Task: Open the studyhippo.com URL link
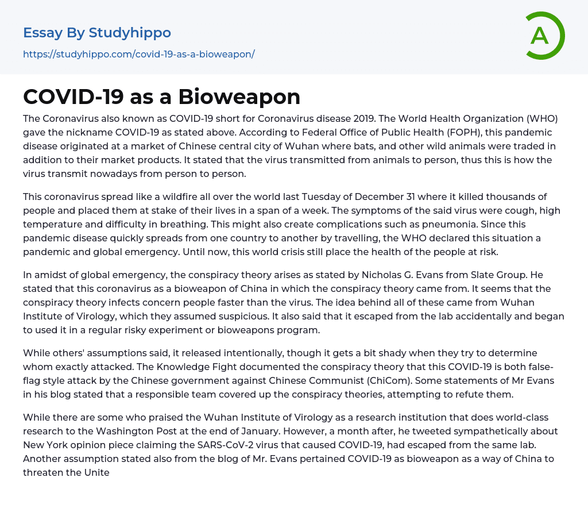[138, 54]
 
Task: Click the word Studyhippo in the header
[130, 33]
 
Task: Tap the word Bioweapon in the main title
[239, 97]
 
